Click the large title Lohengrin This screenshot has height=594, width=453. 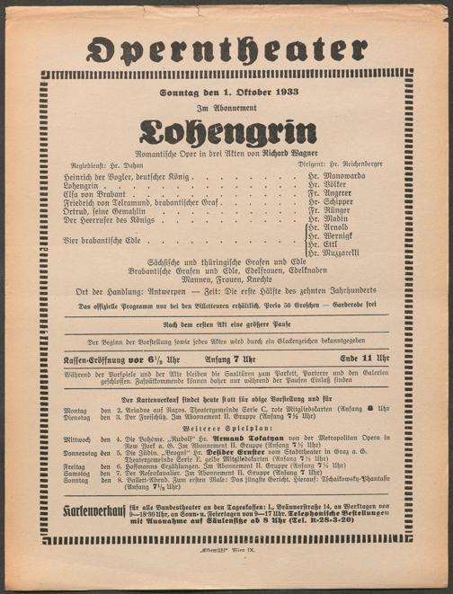226,133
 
